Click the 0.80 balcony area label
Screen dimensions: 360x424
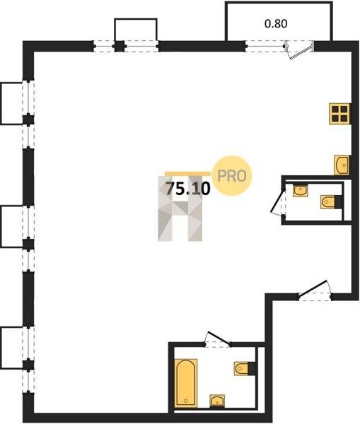pyautogui.click(x=276, y=24)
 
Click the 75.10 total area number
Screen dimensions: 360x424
pyautogui.click(x=188, y=189)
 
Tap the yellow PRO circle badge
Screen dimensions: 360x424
pyautogui.click(x=232, y=176)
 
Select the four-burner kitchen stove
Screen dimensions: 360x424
pyautogui.click(x=339, y=114)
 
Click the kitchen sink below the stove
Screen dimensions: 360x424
pyautogui.click(x=342, y=165)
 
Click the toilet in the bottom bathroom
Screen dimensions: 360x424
pyautogui.click(x=245, y=368)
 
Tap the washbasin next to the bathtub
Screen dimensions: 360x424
pyautogui.click(x=217, y=401)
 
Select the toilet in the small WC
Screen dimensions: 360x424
pyautogui.click(x=331, y=202)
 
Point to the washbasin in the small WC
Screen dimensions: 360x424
pyautogui.click(x=300, y=190)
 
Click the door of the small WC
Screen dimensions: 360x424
pyautogui.click(x=278, y=201)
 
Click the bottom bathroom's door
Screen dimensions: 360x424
pyautogui.click(x=218, y=338)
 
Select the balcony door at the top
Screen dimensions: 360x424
pyautogui.click(x=300, y=49)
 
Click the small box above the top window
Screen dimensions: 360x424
pyautogui.click(x=136, y=30)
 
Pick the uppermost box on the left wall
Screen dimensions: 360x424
pyautogui.click(x=11, y=103)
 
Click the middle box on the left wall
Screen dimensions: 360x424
pyautogui.click(x=11, y=226)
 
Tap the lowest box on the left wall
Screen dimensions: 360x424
pyautogui.click(x=11, y=348)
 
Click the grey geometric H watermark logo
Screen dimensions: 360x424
pyautogui.click(x=180, y=208)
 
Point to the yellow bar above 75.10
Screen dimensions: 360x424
pyautogui.click(x=188, y=174)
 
